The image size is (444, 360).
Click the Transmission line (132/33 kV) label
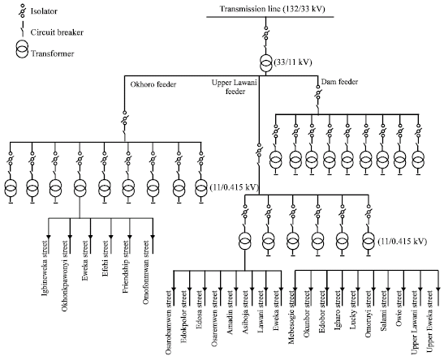[273, 9]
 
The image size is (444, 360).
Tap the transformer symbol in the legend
[22, 49]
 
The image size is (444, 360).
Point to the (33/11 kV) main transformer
[265, 63]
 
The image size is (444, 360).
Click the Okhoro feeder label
[153, 84]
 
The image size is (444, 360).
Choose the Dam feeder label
[339, 82]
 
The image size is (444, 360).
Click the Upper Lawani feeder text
[235, 87]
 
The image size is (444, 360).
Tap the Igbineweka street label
[45, 268]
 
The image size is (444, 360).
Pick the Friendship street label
[127, 267]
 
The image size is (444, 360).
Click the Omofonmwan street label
[146, 272]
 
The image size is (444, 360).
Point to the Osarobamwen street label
[169, 322]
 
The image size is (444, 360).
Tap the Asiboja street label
[246, 312]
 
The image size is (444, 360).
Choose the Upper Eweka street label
[430, 322]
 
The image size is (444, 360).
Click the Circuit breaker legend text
[57, 32]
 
